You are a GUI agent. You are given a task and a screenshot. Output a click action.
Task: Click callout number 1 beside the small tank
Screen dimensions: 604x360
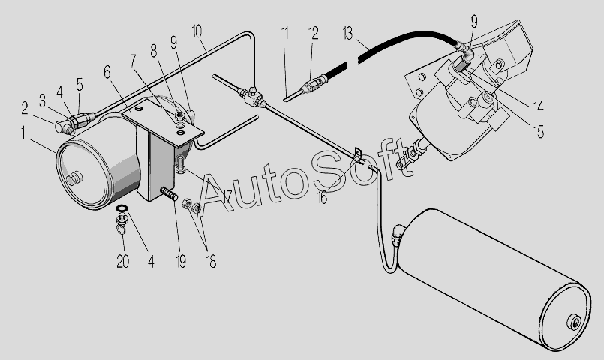pos(23,133)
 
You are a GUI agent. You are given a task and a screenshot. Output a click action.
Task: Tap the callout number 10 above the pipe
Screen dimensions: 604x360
pos(197,31)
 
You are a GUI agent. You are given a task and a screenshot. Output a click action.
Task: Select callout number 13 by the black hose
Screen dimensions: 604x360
pos(347,34)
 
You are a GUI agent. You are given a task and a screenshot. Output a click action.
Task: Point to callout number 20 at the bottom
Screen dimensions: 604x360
pos(123,262)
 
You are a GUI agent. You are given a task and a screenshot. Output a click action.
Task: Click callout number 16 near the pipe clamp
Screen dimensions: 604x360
pos(323,198)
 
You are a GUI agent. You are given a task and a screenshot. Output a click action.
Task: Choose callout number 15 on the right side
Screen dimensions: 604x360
pos(539,132)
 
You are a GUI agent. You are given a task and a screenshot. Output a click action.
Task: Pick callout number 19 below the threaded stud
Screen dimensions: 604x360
pos(181,262)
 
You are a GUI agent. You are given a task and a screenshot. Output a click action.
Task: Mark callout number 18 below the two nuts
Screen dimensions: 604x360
pos(211,262)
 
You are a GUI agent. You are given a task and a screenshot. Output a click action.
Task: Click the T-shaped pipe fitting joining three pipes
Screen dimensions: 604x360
pos(251,97)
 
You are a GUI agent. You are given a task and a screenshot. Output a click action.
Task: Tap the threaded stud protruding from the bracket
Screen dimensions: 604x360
pos(169,193)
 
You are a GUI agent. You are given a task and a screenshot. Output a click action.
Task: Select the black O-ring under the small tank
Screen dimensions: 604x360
pos(122,208)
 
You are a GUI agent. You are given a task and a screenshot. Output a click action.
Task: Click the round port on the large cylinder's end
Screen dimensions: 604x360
pos(574,322)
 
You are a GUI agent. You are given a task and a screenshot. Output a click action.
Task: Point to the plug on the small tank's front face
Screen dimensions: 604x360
pos(74,178)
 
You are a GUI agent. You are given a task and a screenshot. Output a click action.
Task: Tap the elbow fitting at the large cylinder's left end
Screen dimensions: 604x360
pos(397,234)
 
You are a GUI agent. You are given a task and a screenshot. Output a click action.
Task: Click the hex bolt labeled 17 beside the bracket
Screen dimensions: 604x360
pos(180,165)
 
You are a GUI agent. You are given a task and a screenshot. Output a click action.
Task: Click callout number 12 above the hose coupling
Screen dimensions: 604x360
pos(314,34)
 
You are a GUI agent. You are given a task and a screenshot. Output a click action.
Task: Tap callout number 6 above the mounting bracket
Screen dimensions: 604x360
pos(107,71)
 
